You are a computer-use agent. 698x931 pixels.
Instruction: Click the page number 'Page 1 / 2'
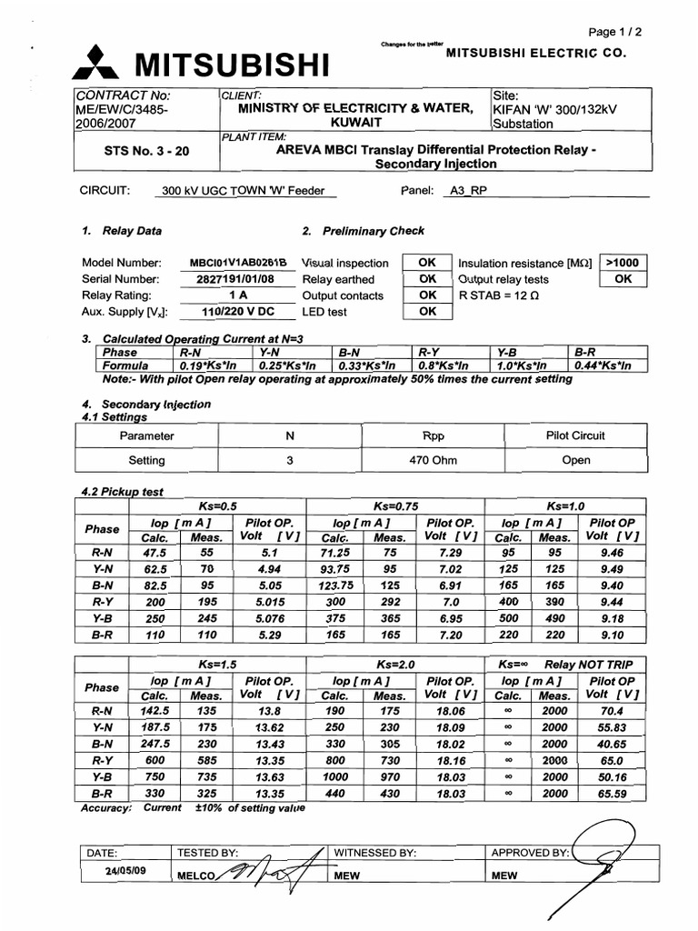[616, 32]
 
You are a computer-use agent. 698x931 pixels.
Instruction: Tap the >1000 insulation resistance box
[623, 263]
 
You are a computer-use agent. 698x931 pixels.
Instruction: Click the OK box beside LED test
[427, 312]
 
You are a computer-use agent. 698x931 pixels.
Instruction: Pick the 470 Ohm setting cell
[433, 460]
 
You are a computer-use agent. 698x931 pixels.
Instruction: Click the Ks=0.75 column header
[395, 506]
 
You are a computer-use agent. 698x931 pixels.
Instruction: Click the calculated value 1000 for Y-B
[335, 777]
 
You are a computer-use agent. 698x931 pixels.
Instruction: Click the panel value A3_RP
[468, 192]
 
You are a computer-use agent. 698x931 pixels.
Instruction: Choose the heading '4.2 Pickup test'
[122, 492]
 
